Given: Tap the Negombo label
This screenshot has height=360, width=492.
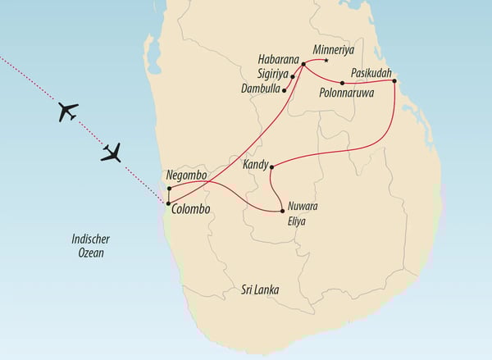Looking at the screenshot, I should click(x=190, y=175).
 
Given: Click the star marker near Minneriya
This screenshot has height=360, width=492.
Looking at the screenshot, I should click(x=326, y=61).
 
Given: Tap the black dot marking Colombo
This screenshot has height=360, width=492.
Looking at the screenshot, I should click(x=168, y=203).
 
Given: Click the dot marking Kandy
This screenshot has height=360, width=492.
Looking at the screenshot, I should click(x=271, y=166).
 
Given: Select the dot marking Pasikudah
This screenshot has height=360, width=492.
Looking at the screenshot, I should click(x=394, y=80).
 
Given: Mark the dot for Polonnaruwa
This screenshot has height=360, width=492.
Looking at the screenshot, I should click(x=342, y=83).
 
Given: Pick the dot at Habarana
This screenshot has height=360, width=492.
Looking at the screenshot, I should click(x=303, y=63).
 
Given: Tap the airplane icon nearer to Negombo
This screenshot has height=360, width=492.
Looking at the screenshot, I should click(x=112, y=152).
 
